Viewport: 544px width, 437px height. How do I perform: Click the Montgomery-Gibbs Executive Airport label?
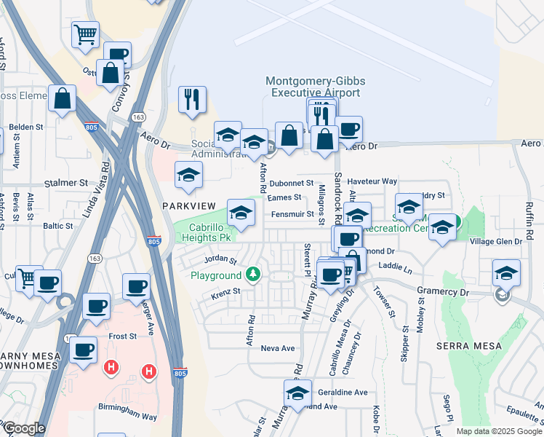(x=315, y=87)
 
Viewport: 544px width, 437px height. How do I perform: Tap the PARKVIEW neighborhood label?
(x=185, y=206)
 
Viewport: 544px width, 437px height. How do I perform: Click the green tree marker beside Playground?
(x=252, y=275)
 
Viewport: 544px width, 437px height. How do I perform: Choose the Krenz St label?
(x=225, y=292)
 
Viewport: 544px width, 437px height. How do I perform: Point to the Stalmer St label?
(x=65, y=183)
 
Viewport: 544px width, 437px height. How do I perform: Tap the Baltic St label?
(x=57, y=226)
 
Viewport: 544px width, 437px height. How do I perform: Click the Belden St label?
(x=27, y=127)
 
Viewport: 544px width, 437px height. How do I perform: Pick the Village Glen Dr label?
(x=496, y=241)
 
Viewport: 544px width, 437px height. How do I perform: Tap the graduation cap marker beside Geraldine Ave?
(x=297, y=393)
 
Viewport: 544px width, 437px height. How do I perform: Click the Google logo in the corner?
(x=24, y=428)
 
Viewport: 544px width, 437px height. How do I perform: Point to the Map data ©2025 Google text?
(x=498, y=431)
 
